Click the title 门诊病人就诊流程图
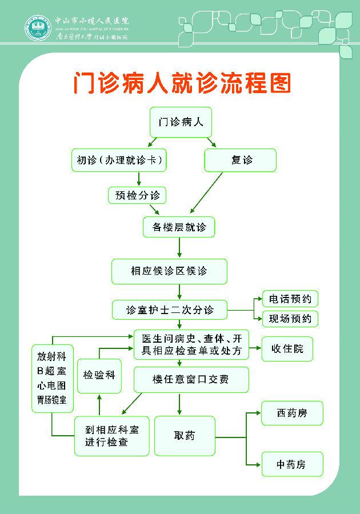click(x=182, y=83)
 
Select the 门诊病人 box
click(x=181, y=122)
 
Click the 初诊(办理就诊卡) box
click(x=119, y=160)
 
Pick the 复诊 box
click(x=241, y=160)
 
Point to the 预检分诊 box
click(x=137, y=195)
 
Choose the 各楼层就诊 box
click(x=179, y=227)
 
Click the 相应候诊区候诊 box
click(x=169, y=271)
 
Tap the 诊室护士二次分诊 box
click(x=170, y=310)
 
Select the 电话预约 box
click(x=290, y=299)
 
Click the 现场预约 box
click(x=290, y=319)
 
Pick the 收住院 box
click(x=287, y=348)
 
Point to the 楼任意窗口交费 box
click(x=191, y=380)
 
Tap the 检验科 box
click(x=99, y=375)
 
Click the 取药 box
click(x=185, y=435)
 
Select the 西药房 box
click(x=292, y=413)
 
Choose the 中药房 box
click(x=292, y=464)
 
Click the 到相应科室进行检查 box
click(x=112, y=436)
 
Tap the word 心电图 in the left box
click(x=52, y=385)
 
